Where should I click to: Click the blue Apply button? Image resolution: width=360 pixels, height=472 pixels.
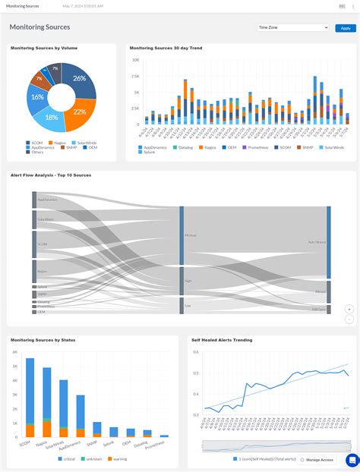coord(346,28)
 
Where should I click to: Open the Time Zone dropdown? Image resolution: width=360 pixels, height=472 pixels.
coord(292,28)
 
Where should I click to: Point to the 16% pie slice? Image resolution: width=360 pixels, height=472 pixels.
coord(36,97)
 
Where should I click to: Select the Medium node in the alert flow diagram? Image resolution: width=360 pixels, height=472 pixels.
coord(182,236)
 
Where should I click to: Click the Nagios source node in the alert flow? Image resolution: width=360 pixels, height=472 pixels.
coord(34,272)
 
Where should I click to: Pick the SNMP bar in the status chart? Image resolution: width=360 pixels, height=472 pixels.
coord(96,430)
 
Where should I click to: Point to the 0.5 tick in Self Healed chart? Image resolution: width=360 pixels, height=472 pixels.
coord(196,373)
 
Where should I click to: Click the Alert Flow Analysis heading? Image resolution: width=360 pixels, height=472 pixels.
coord(51,175)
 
